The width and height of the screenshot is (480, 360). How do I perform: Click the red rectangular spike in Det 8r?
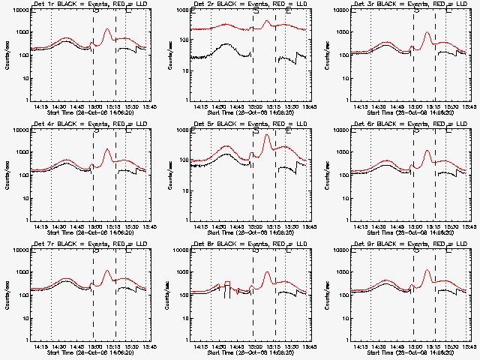(226, 282)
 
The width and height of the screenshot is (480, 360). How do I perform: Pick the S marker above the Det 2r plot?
(256, 10)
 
